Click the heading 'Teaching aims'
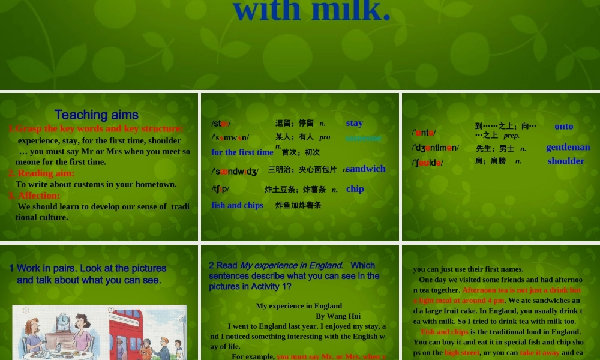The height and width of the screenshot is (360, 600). pyautogui.click(x=96, y=115)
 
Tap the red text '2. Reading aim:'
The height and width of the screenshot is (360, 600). pyautogui.click(x=41, y=173)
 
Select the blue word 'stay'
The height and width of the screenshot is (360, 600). pyautogui.click(x=354, y=123)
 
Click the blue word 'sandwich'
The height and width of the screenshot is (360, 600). pyautogui.click(x=366, y=169)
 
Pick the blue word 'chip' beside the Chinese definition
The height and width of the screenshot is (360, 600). pyautogui.click(x=355, y=189)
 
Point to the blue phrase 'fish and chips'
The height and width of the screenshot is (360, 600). pyautogui.click(x=237, y=205)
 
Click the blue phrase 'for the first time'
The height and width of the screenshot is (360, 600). pyautogui.click(x=242, y=152)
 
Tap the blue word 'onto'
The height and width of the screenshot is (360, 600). pyautogui.click(x=563, y=126)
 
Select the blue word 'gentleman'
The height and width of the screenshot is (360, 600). pyautogui.click(x=568, y=147)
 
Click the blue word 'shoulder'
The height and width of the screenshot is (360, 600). pyautogui.click(x=566, y=161)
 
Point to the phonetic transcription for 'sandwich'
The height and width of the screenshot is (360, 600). pyautogui.click(x=235, y=172)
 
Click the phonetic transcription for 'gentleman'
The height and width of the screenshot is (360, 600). pyautogui.click(x=435, y=148)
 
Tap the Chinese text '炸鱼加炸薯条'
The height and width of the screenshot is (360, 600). pyautogui.click(x=298, y=205)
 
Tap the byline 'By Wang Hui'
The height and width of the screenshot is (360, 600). pyautogui.click(x=338, y=316)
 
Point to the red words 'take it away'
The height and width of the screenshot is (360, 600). pyautogui.click(x=539, y=353)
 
